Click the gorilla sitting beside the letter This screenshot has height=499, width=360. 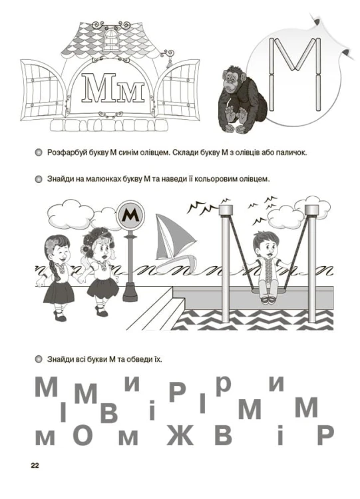[x=242, y=100]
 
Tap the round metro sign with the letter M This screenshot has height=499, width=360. [x=130, y=215]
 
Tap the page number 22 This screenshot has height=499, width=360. [x=35, y=465]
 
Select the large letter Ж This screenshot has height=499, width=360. [x=180, y=435]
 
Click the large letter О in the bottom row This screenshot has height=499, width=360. [x=83, y=435]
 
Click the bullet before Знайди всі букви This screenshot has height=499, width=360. [x=39, y=359]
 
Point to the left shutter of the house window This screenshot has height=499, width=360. [x=43, y=90]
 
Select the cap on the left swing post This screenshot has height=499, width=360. [x=226, y=210]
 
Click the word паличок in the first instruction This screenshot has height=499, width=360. [x=293, y=152]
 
